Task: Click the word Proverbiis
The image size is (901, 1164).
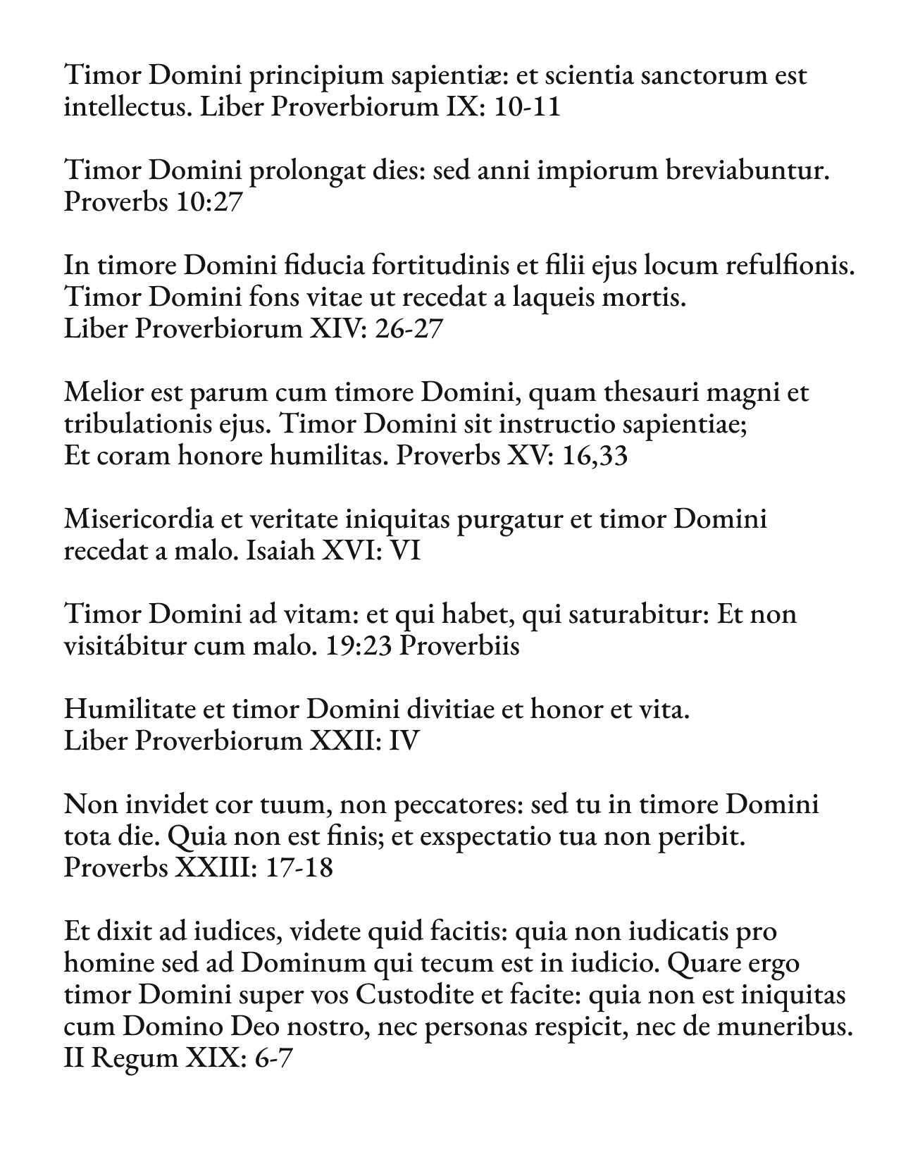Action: click(459, 646)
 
